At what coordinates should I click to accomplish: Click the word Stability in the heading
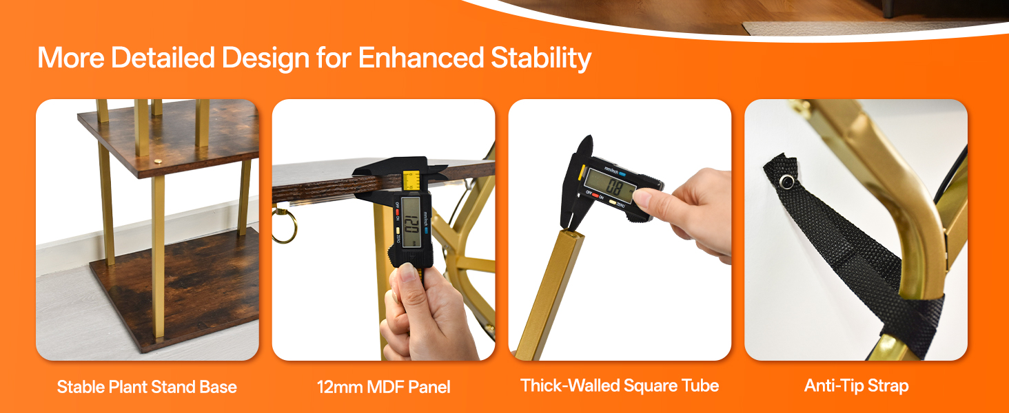(x=540, y=59)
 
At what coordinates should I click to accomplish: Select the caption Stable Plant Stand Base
(x=147, y=386)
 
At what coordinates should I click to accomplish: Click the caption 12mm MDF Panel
(x=383, y=387)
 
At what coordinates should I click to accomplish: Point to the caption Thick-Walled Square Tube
(x=620, y=385)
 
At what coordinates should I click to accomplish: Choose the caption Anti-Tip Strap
(x=856, y=385)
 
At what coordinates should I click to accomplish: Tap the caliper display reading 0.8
(x=611, y=186)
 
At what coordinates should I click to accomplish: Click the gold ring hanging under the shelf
(x=284, y=225)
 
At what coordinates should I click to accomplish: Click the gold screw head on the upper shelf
(x=158, y=161)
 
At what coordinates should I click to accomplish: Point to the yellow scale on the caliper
(x=411, y=181)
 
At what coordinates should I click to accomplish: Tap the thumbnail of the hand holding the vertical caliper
(x=383, y=229)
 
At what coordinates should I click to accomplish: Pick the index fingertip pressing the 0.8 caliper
(x=639, y=197)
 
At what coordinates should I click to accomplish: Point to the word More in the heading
(x=71, y=58)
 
